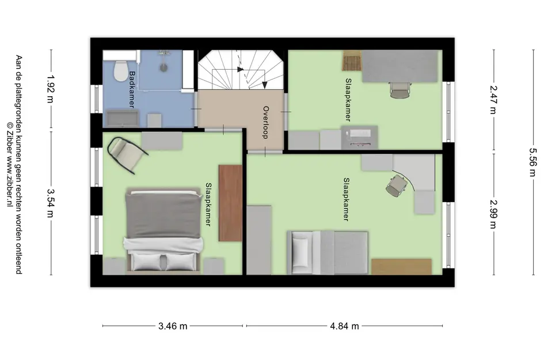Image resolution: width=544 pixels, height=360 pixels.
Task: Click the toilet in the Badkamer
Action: (121, 71)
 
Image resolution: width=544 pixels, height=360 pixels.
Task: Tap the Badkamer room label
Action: (132, 89)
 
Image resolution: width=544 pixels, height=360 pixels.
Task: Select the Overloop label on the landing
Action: (266, 123)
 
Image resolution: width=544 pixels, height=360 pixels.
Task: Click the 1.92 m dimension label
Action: (51, 89)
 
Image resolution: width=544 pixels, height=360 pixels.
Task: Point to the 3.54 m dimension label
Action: (51, 203)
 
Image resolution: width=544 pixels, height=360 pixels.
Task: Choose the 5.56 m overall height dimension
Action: (533, 162)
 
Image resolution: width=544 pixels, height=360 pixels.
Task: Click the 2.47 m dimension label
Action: (493, 100)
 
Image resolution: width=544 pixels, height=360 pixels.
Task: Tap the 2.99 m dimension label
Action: (493, 214)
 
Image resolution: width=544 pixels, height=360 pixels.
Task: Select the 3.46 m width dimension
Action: (173, 326)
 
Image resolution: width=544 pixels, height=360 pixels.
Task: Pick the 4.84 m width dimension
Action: (344, 326)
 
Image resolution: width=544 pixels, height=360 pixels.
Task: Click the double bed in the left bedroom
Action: (163, 230)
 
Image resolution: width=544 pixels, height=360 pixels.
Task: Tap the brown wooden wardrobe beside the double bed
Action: (230, 203)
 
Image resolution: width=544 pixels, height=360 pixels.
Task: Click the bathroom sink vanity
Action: (123, 119)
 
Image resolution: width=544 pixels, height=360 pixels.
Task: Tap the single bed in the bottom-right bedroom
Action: (327, 252)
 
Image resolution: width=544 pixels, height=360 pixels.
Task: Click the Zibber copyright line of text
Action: (10, 165)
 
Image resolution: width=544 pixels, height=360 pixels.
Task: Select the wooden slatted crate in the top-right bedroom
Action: (352, 60)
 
